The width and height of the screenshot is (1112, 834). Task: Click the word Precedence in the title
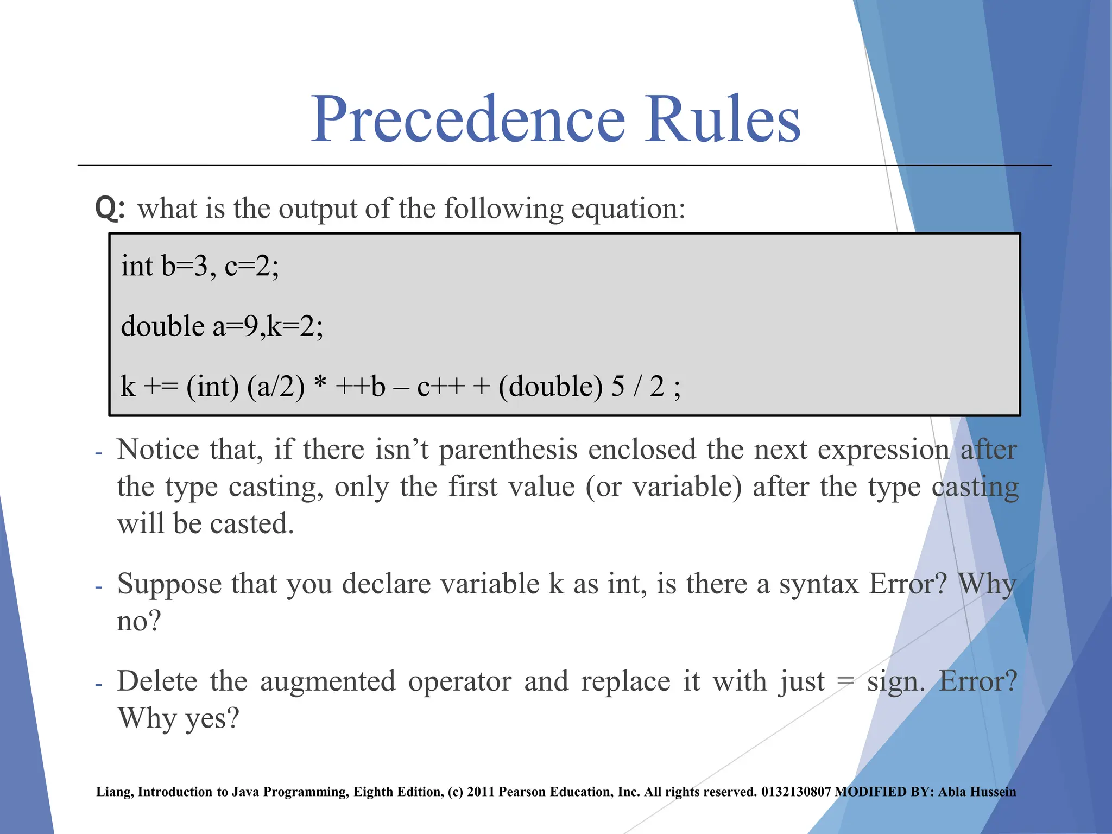(468, 119)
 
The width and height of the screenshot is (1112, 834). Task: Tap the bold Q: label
(110, 208)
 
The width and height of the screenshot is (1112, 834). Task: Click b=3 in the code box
(185, 267)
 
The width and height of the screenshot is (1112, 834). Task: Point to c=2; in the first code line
(251, 267)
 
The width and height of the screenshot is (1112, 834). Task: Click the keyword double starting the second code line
(162, 326)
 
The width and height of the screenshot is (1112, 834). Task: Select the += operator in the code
(161, 387)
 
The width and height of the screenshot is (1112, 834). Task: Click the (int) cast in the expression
(212, 387)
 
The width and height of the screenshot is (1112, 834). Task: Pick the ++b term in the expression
(361, 387)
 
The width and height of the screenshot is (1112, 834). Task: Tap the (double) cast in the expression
(551, 387)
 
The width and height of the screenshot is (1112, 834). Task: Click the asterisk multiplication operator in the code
(320, 383)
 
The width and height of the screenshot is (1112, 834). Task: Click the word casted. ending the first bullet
(252, 524)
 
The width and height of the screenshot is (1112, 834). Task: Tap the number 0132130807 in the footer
(795, 792)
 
